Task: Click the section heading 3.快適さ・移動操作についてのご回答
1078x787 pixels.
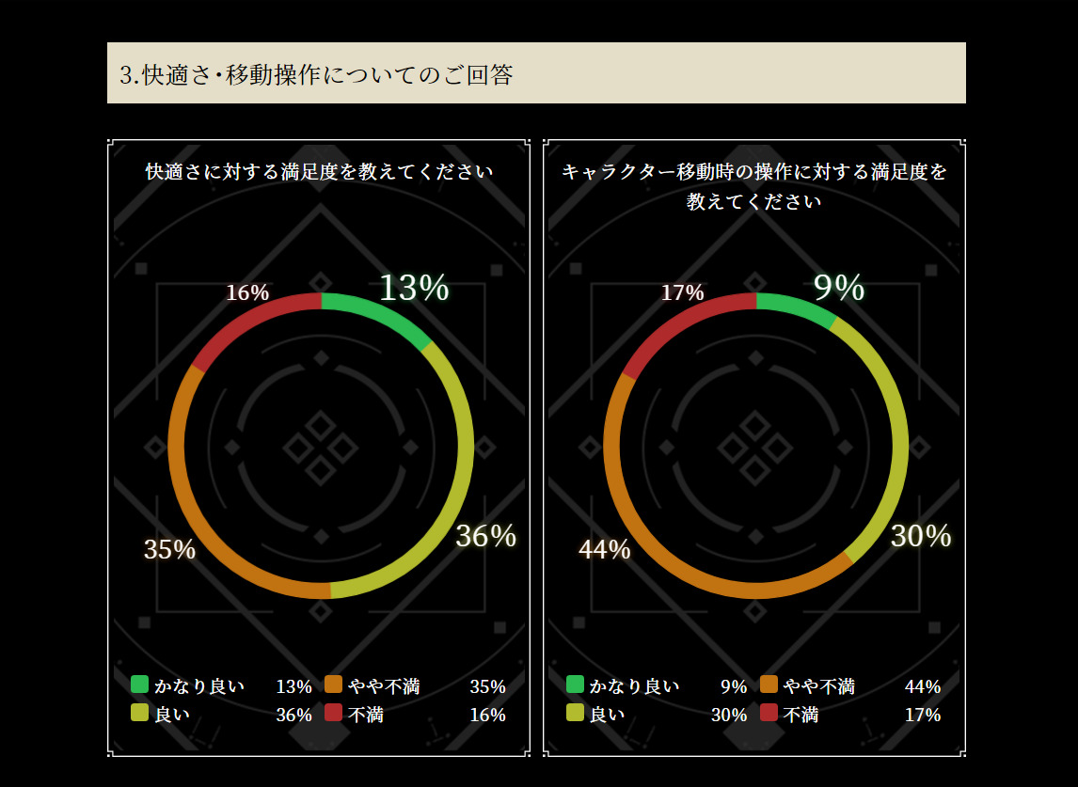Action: click(316, 74)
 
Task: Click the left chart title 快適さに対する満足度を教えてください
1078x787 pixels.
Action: click(320, 172)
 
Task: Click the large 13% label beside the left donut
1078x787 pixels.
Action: click(414, 288)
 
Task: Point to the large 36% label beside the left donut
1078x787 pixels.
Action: click(485, 536)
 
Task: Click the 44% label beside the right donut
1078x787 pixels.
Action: click(604, 549)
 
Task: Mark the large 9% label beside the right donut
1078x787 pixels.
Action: click(838, 288)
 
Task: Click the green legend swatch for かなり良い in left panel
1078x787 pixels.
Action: click(140, 685)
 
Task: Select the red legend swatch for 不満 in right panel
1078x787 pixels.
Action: click(769, 713)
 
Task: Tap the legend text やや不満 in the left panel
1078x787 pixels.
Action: click(384, 686)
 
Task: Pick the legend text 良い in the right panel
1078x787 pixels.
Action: click(607, 715)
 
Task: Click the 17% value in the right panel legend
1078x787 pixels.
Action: click(922, 715)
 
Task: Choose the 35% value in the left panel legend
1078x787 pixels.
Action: click(487, 686)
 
